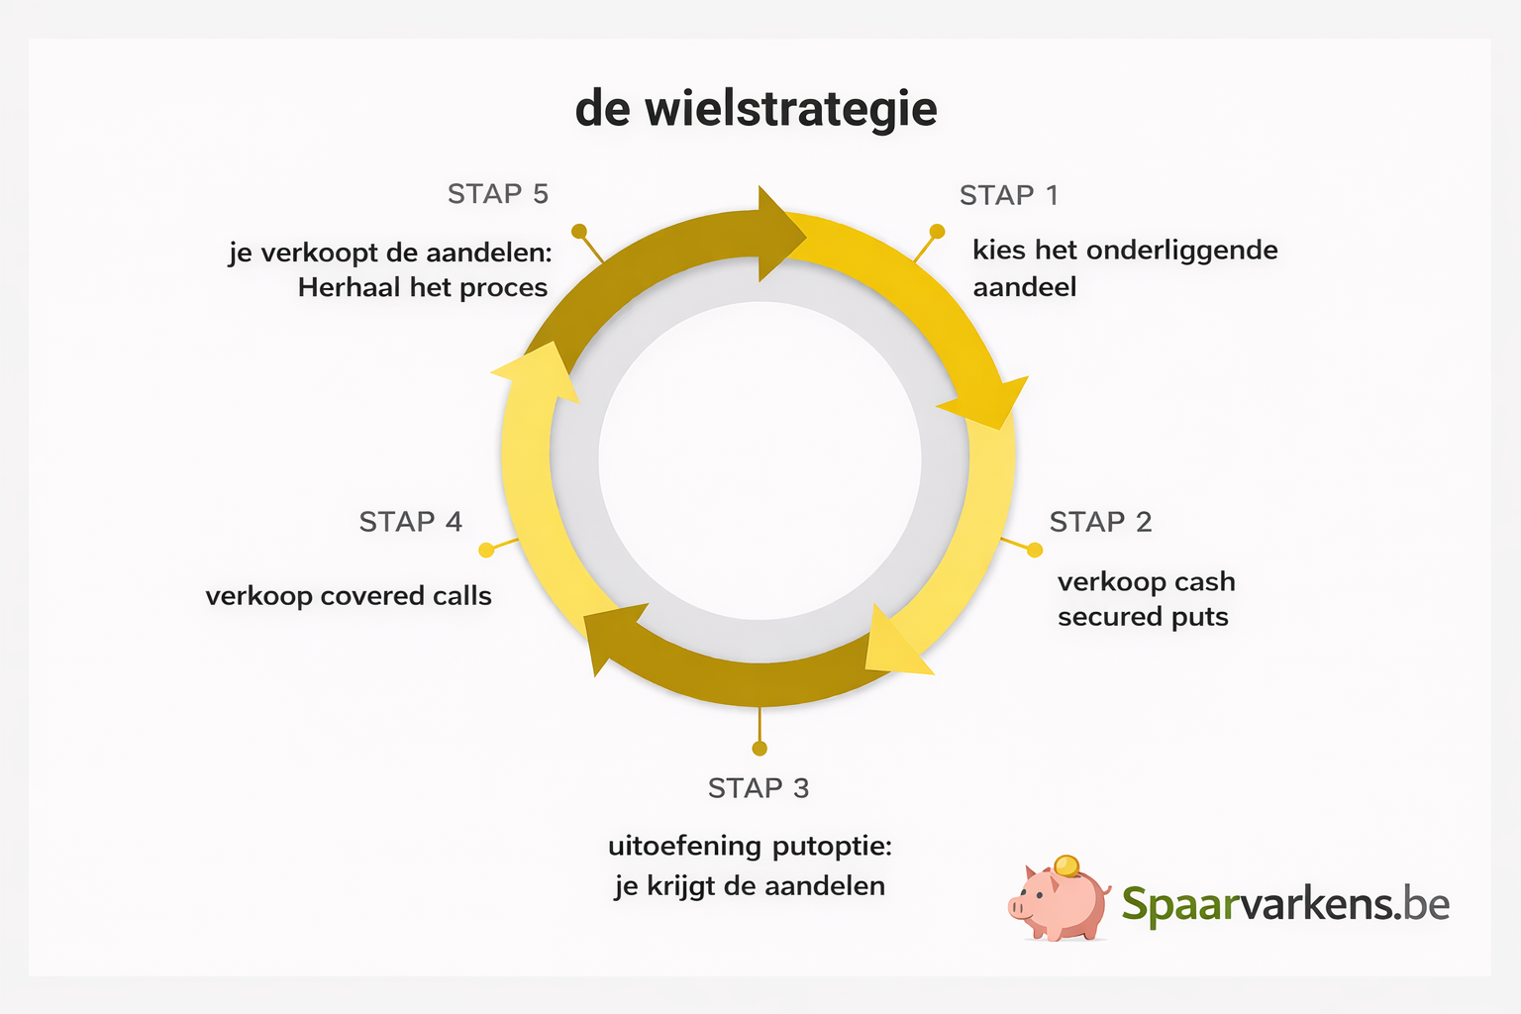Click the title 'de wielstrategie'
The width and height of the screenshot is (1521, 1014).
click(x=756, y=109)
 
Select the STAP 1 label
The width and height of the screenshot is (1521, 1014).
click(x=1008, y=195)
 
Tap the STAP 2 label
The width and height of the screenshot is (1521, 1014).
click(x=1100, y=522)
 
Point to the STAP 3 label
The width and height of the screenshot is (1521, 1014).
click(x=759, y=788)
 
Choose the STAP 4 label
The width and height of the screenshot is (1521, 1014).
click(x=410, y=522)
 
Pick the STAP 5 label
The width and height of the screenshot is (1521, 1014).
click(x=497, y=194)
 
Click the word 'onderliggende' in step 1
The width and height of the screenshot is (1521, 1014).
click(x=1181, y=251)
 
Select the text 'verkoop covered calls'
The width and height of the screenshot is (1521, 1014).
click(x=349, y=596)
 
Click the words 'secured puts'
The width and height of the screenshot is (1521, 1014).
click(x=1143, y=617)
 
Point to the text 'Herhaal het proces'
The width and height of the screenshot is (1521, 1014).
click(x=423, y=288)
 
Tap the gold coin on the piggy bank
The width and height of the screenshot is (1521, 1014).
click(x=1066, y=865)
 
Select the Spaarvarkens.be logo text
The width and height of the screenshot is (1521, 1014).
click(x=1285, y=904)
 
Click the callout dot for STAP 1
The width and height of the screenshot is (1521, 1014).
click(x=936, y=232)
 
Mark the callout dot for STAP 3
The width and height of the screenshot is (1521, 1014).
click(x=760, y=748)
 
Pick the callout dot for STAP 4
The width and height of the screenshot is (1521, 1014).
click(x=486, y=550)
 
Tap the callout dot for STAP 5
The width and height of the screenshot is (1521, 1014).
click(x=579, y=232)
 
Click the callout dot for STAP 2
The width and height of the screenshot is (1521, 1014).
click(x=1035, y=550)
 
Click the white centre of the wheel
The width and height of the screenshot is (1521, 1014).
click(x=760, y=460)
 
